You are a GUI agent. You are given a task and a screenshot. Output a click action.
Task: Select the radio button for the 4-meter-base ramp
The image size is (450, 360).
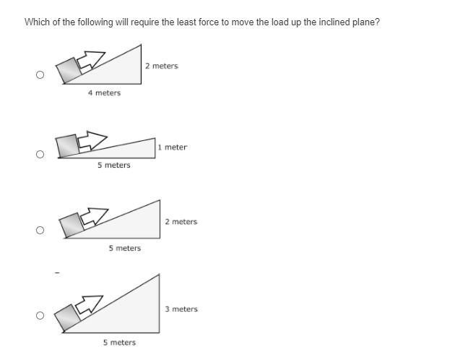coord(40,75)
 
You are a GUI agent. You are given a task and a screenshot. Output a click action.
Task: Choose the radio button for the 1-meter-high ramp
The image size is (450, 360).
coord(40,154)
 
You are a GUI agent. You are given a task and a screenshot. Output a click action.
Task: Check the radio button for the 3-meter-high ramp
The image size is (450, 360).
coord(40,315)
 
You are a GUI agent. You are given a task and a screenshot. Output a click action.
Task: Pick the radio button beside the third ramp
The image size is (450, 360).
coord(40,230)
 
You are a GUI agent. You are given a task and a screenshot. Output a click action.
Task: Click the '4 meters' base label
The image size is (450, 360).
coord(105,93)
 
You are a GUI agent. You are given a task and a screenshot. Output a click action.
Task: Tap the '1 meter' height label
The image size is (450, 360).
coord(172,147)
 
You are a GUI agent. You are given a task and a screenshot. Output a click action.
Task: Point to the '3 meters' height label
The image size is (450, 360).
coord(181,309)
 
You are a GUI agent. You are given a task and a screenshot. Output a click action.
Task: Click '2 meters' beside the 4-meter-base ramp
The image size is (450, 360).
coord(162,66)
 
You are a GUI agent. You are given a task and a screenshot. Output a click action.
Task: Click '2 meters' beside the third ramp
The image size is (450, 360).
coord(181,222)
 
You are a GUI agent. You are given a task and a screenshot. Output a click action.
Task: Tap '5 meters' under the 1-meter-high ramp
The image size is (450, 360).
coord(114,166)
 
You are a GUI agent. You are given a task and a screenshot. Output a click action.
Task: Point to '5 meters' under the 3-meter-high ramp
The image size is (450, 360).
coord(120,343)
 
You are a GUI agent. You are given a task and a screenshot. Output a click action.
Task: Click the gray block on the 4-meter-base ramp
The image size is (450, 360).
coord(69,70)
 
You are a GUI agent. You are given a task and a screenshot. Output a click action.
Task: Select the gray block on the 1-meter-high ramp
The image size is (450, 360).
coord(67,146)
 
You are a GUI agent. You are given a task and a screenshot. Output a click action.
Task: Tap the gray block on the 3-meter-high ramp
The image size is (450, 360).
coord(68,317)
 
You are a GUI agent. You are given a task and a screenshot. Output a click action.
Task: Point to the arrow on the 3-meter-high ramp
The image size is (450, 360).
coord(89,304)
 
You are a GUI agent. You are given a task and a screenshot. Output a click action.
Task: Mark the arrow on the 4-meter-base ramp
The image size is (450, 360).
coord(91,61)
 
